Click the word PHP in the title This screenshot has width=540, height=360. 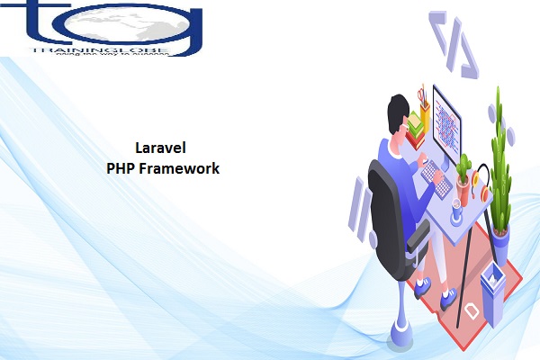tap(121, 167)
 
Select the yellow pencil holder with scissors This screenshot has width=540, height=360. tap(423, 100)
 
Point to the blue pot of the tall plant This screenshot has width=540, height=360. tap(500, 236)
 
